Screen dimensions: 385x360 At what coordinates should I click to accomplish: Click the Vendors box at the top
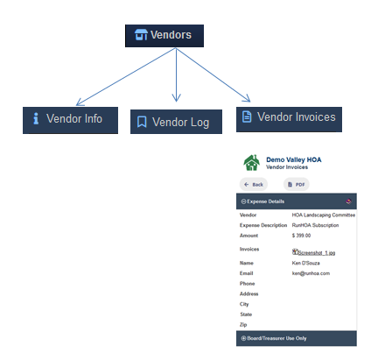tap(164, 36)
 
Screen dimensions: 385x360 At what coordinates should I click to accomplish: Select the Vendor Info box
tap(70, 120)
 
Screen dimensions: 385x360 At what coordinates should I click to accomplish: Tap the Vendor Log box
tap(176, 122)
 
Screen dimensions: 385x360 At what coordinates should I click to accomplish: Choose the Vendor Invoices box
tap(289, 119)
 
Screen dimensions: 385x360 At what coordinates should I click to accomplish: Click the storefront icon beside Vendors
tap(141, 34)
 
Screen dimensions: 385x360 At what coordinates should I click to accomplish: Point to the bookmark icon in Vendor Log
tap(142, 122)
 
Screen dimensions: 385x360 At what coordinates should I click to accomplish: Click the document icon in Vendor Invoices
tap(247, 116)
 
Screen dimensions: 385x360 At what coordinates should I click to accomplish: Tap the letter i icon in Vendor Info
tap(36, 118)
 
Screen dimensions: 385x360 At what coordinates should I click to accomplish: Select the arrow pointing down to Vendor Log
tap(176, 74)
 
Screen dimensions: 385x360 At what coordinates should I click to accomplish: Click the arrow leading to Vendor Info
tap(126, 76)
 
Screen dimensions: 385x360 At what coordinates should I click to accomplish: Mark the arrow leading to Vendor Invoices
tap(213, 74)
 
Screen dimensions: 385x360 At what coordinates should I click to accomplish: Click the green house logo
tap(251, 163)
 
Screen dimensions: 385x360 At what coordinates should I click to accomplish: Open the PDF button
tap(297, 184)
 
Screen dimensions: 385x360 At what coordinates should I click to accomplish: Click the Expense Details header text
tap(265, 201)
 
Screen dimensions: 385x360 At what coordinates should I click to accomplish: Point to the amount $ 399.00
tap(301, 236)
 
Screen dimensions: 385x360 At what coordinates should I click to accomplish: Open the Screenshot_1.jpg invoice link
tap(317, 253)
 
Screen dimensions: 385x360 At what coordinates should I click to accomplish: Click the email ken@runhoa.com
tap(311, 273)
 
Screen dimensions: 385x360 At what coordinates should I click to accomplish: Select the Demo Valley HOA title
tap(294, 159)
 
